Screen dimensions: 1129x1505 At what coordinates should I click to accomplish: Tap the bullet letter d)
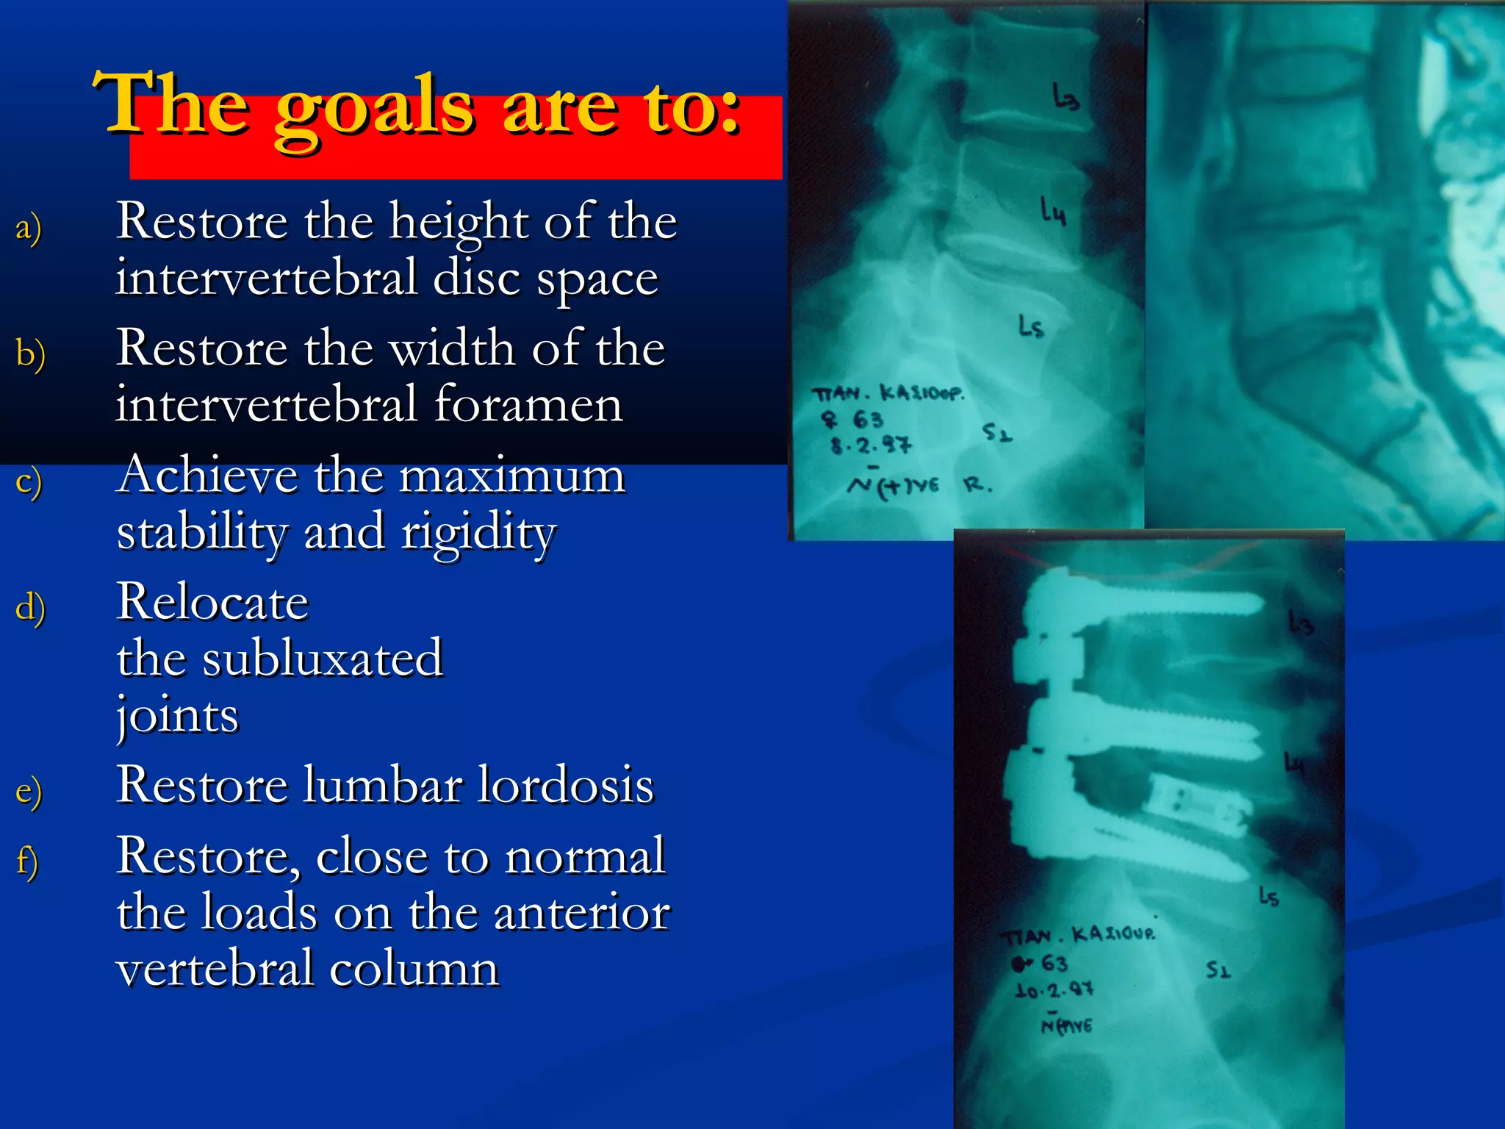point(30,607)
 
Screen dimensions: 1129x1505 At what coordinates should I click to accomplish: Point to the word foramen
point(528,404)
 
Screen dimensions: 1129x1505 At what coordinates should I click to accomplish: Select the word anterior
point(581,912)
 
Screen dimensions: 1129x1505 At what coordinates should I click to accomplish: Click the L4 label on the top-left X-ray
point(1052,211)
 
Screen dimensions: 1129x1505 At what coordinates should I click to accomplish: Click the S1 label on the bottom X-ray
point(1218,970)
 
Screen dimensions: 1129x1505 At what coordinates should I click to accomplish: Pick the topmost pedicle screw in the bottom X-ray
point(1146,601)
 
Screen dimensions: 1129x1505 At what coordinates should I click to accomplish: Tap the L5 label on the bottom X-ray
point(1268,897)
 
